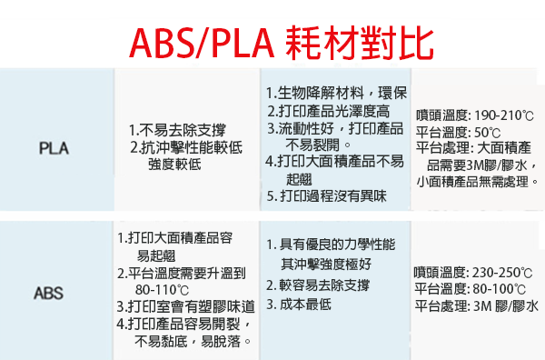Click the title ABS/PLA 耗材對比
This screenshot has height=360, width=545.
pos(282,44)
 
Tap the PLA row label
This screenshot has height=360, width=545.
pos(54,148)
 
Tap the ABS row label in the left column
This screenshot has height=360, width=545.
pos(49,293)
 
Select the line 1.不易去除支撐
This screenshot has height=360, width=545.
pos(177,130)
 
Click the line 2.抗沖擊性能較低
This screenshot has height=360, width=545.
pos(186,147)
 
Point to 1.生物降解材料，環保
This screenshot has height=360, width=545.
pos(336,94)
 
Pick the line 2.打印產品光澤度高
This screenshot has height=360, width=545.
pos(329,111)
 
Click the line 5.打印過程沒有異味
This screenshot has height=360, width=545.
pos(327,195)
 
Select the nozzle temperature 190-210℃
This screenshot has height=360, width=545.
pos(504,115)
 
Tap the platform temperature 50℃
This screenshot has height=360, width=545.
pos(488,133)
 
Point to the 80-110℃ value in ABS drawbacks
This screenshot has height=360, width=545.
pos(162,290)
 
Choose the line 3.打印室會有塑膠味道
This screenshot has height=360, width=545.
pos(186,306)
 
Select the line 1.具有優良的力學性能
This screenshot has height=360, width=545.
pos(331,245)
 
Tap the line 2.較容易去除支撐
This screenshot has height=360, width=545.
pos(318,285)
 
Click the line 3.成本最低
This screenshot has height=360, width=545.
pos(299,305)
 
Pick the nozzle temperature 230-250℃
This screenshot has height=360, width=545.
pos(502,273)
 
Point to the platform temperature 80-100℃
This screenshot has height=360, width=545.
pos(499,289)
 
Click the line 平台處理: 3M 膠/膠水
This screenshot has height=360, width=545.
pos(477,306)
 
